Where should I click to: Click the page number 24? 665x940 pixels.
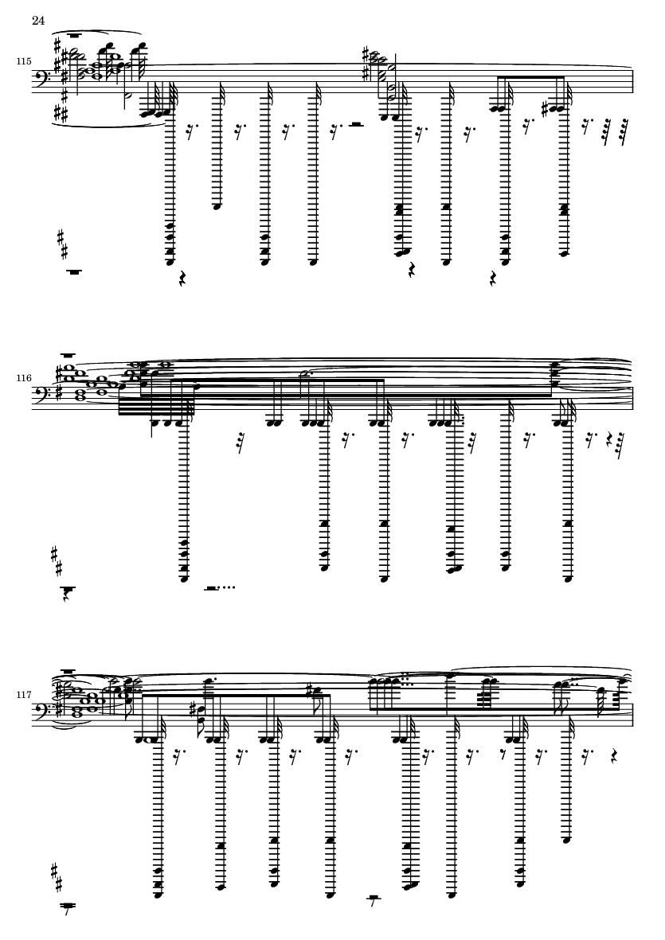tap(37, 21)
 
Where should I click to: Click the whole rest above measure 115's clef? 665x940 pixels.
tap(76, 36)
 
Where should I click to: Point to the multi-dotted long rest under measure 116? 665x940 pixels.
tap(214, 588)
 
